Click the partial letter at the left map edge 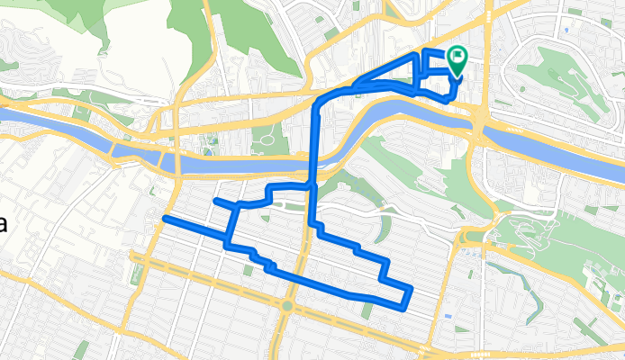tap(3, 224)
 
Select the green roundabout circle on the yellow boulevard tap(286, 306)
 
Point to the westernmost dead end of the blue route tap(164, 219)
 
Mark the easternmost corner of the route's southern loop tap(411, 290)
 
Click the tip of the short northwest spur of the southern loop tap(215, 200)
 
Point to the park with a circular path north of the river tap(267, 138)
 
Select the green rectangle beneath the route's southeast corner tap(367, 310)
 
